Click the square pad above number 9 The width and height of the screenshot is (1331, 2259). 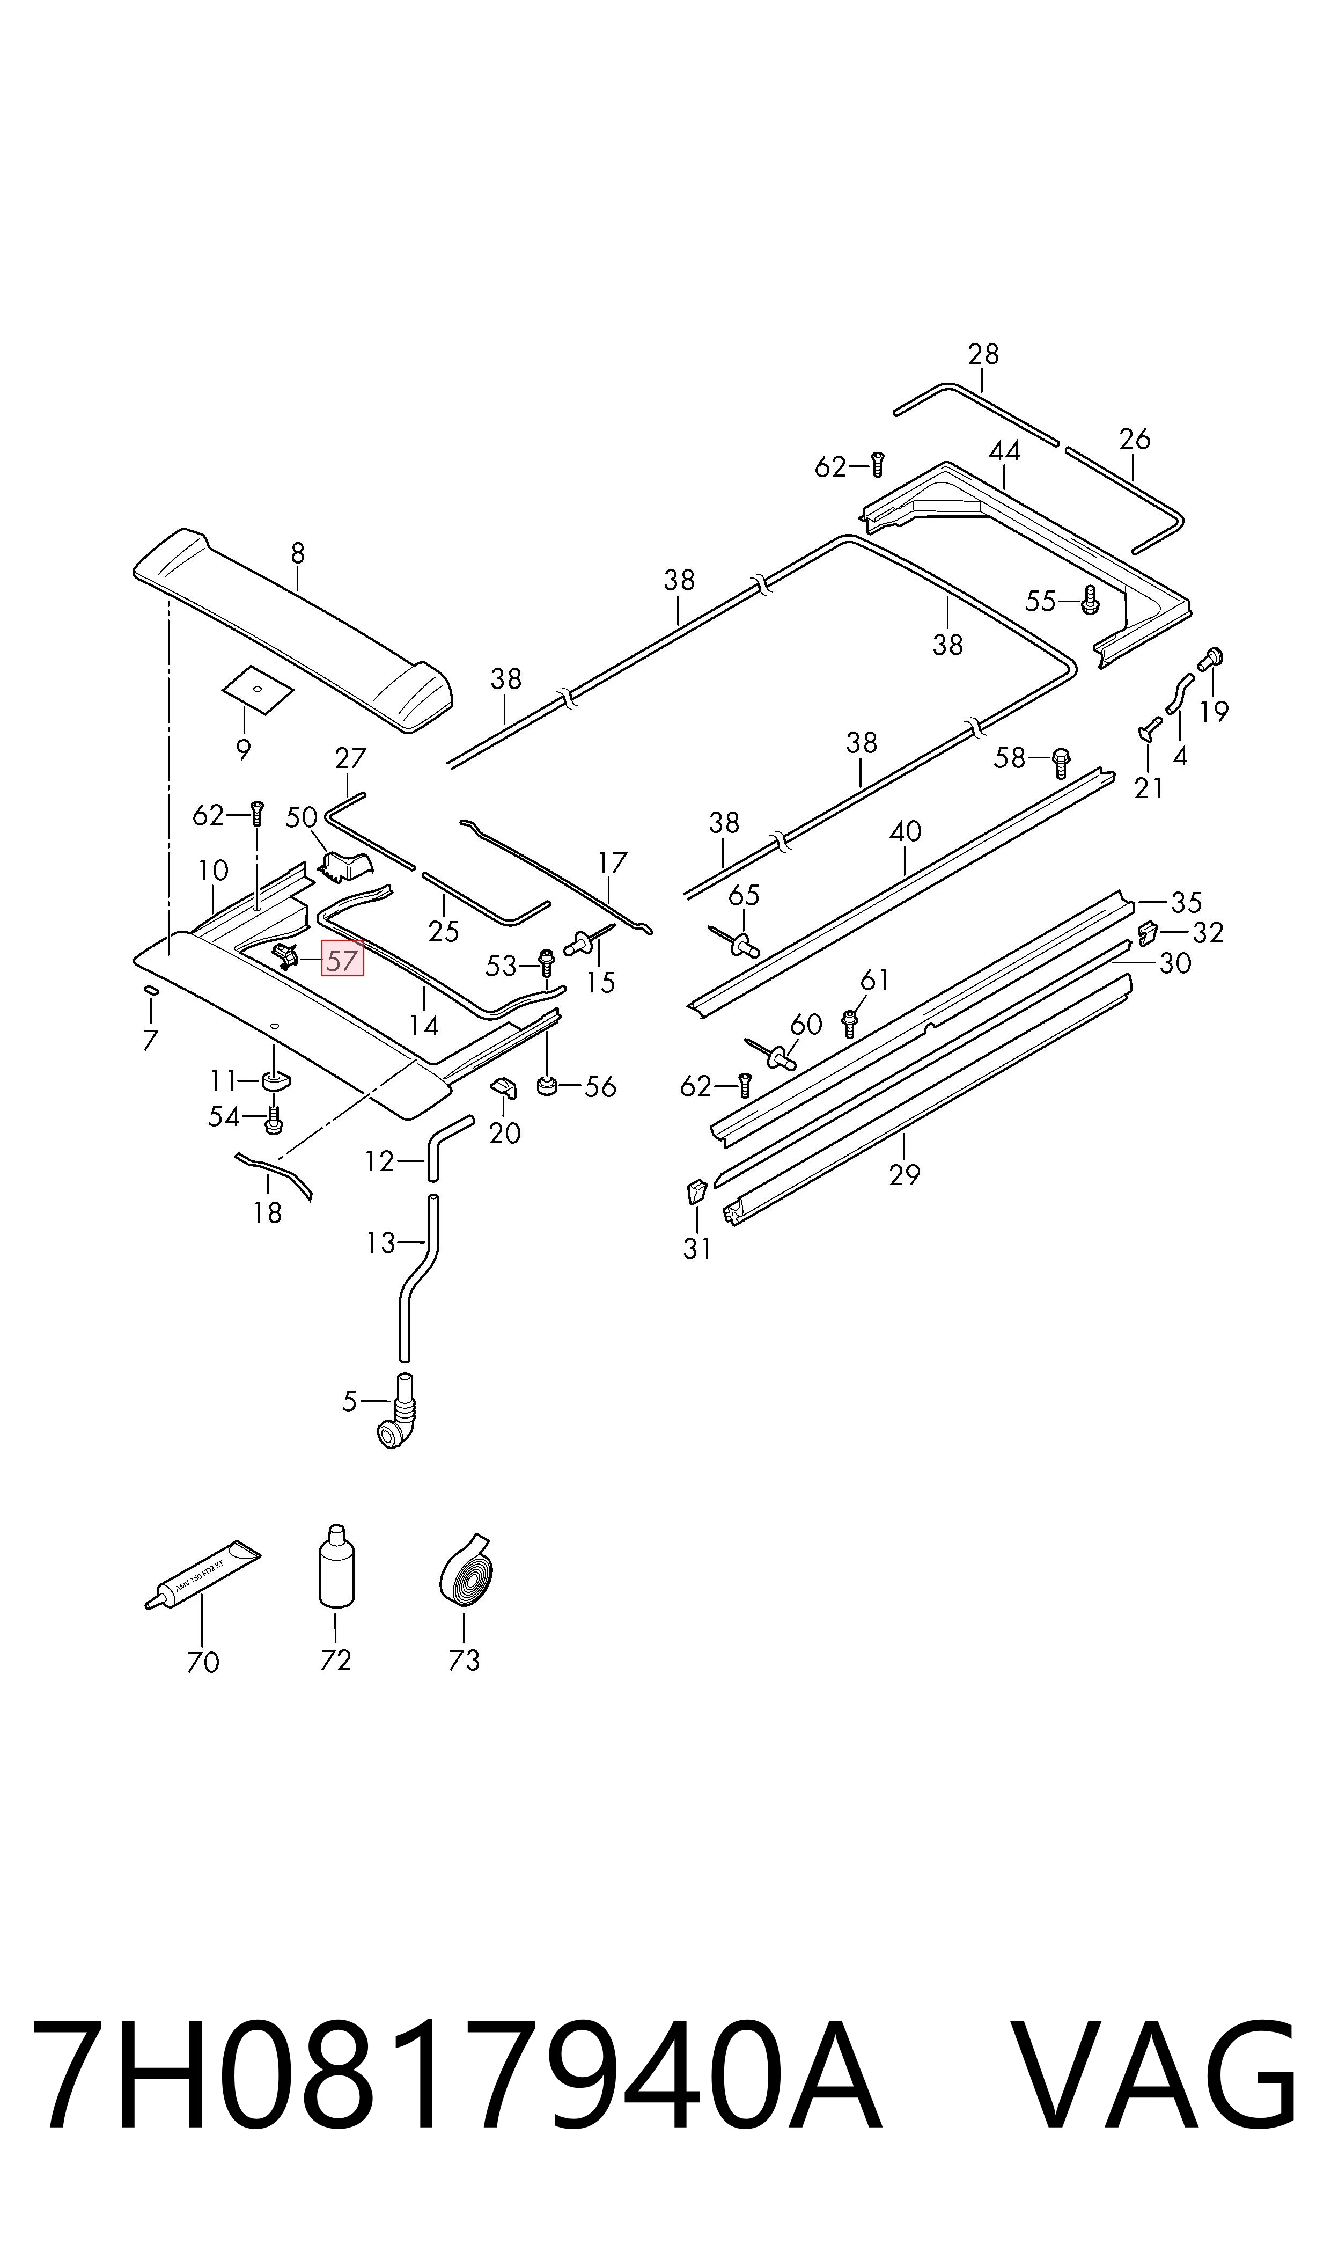click(258, 689)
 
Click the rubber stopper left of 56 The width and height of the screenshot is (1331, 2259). click(546, 1087)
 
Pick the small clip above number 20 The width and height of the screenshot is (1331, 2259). click(504, 1088)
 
